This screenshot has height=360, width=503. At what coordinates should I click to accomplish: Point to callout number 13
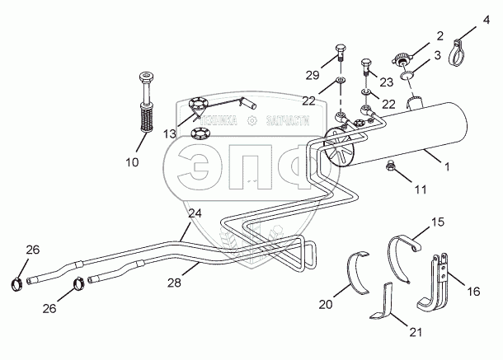click(x=170, y=134)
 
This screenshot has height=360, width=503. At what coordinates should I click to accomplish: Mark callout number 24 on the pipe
click(x=195, y=214)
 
